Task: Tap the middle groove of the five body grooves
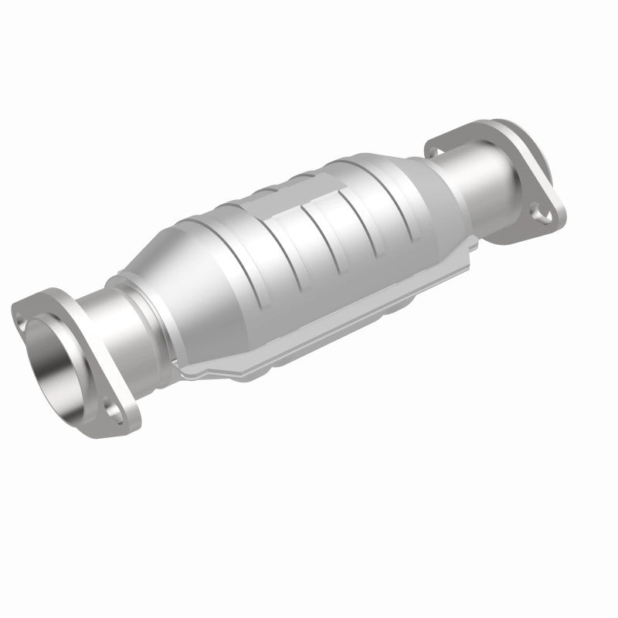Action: tap(306, 244)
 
